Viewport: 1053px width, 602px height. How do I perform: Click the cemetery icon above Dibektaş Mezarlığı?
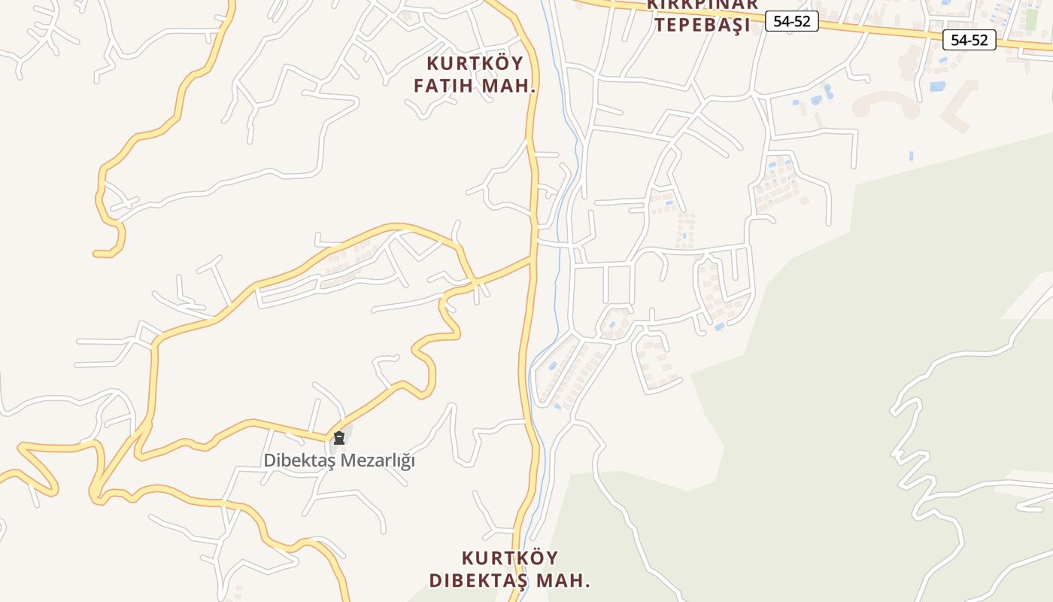(x=339, y=437)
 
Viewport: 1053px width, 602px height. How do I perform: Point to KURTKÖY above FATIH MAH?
(x=475, y=62)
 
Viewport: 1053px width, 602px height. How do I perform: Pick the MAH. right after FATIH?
(x=508, y=86)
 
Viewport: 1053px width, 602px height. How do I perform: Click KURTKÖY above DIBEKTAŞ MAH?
(x=510, y=558)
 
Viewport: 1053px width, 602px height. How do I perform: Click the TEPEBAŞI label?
(x=702, y=25)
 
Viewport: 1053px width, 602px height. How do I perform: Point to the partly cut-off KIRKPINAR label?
(x=702, y=5)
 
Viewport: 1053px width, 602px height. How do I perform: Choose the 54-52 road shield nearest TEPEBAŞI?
(x=791, y=21)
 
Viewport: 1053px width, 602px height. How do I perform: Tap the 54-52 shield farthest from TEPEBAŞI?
(x=969, y=40)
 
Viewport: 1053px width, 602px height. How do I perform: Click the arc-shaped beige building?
(x=886, y=103)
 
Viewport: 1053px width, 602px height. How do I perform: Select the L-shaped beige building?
(x=960, y=105)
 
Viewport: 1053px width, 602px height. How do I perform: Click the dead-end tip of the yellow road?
(x=96, y=254)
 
